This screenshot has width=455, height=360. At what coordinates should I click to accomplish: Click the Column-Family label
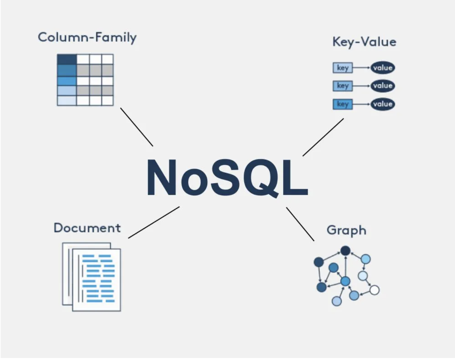[x=87, y=37]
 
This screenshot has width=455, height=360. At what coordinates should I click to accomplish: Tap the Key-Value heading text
[x=364, y=42]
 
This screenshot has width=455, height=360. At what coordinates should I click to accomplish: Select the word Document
[x=87, y=228]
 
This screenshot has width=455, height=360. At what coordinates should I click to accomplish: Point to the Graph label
[x=346, y=230]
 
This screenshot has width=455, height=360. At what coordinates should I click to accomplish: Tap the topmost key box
[x=342, y=68]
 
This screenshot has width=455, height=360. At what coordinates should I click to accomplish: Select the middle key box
[x=342, y=86]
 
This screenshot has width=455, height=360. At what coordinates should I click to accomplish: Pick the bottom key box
[x=342, y=104]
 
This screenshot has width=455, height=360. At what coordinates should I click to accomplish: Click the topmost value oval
[x=382, y=68]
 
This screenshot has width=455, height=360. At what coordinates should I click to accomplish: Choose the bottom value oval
[x=382, y=104]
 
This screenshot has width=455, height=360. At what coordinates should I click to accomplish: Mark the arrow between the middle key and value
[x=362, y=86]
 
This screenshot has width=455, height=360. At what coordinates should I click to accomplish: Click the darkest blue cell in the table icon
[x=67, y=59]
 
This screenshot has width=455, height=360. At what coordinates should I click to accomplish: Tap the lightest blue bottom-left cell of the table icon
[x=67, y=101]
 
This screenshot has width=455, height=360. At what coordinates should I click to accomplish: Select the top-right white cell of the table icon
[x=108, y=59]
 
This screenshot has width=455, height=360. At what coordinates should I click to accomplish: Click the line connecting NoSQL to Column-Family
[x=136, y=127]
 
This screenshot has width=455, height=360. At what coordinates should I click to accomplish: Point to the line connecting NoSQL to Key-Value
[x=323, y=137]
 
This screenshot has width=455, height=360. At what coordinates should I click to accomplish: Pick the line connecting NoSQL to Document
[x=154, y=222]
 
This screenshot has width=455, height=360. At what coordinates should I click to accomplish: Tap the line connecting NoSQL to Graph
[x=300, y=224]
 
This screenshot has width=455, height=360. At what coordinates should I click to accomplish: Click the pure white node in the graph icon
[x=374, y=290]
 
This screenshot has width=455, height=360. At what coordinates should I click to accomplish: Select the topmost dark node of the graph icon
[x=345, y=251]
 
